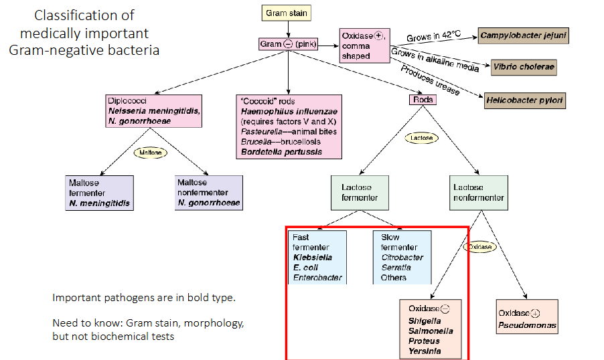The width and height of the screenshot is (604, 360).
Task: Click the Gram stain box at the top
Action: click(x=287, y=13)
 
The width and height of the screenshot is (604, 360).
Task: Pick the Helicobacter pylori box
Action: click(x=524, y=100)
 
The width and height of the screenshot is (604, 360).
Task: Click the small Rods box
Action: click(x=423, y=100)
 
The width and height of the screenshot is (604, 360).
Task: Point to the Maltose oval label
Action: click(x=150, y=153)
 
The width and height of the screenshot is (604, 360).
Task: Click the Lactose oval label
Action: click(x=421, y=138)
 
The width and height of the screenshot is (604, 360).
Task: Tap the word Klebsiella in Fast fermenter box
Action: click(x=312, y=257)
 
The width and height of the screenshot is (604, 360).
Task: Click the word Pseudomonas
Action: click(x=527, y=326)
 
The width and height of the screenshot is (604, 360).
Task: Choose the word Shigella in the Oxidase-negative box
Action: click(x=425, y=321)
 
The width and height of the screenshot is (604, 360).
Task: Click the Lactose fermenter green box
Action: click(x=360, y=193)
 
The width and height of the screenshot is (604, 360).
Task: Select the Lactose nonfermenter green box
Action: click(x=478, y=193)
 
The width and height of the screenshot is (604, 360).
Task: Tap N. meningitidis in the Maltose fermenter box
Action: click(x=99, y=203)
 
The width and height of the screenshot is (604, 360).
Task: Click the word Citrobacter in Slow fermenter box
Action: click(x=402, y=257)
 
